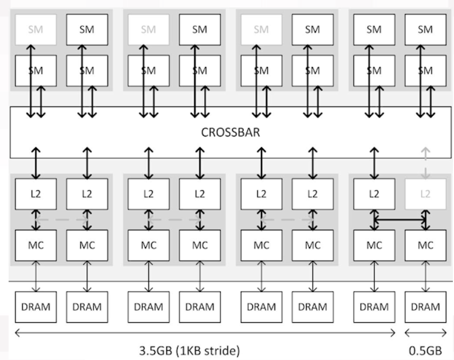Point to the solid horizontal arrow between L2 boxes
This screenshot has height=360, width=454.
click(400, 218)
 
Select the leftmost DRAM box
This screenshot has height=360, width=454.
click(35, 307)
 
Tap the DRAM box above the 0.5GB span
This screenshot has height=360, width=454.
click(425, 307)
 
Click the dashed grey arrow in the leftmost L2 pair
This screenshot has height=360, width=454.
click(61, 218)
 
